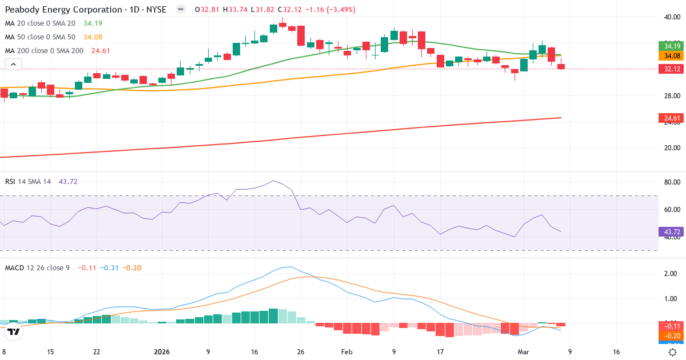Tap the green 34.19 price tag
coord(671,46)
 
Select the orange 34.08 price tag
coord(671,56)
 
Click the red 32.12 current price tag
coord(671,69)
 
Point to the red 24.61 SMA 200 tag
coord(671,118)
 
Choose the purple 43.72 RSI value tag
coord(671,231)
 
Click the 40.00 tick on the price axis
coord(671,17)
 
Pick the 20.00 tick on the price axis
coord(671,148)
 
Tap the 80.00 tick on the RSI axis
coord(671,182)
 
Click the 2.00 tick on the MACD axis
coord(671,274)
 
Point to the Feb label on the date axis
coord(347,352)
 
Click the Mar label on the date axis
coord(524,352)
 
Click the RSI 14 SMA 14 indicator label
coord(28,181)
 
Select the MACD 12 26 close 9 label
coord(37,267)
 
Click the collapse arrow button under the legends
coord(13,65)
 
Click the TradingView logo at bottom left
coord(14,331)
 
